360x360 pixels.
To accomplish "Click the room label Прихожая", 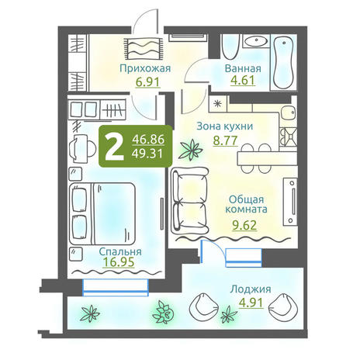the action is coord(145,68).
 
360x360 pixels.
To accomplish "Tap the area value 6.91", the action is coord(147,82).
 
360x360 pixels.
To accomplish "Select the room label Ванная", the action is coord(243,68).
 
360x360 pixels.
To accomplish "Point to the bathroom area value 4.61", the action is coord(243,80).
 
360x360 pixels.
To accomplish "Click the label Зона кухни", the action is coord(225,126).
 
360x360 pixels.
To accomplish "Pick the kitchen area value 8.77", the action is coord(225,140).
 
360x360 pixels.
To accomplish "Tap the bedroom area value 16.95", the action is coord(119,262).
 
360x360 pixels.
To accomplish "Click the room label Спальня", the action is coord(120,251).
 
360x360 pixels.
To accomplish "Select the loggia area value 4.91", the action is coord(251,303).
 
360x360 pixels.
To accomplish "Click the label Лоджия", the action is coord(251,289).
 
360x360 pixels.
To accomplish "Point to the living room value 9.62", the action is coord(244,225).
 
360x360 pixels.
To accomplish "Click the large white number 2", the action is coord(114,147).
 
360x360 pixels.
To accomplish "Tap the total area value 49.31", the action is coord(147,154).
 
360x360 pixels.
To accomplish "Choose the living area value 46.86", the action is coord(148,140).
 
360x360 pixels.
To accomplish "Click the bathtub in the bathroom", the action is coord(284,63).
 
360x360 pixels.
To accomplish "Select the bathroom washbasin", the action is coord(256,41).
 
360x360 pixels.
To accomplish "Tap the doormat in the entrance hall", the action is coord(144,48).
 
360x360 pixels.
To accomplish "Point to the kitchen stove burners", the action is coord(289,137).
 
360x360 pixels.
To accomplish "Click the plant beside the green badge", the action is coord(192,150).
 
